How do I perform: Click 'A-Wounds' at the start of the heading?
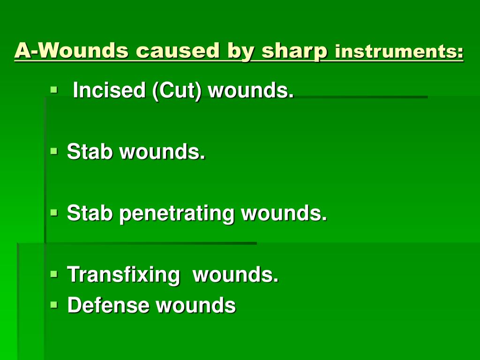click(71, 50)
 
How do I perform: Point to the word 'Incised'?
click(109, 90)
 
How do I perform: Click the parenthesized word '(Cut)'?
click(177, 90)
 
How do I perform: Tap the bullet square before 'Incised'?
click(54, 90)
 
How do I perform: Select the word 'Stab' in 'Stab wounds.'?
click(90, 151)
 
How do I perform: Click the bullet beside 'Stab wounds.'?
click(54, 151)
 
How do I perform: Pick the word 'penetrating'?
click(177, 213)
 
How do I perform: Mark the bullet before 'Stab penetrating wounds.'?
click(54, 212)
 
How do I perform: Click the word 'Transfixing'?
click(123, 275)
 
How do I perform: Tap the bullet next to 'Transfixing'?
click(54, 274)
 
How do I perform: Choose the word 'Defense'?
click(108, 305)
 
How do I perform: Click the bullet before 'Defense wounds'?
click(54, 305)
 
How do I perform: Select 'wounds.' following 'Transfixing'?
click(235, 274)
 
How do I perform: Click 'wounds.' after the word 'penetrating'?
click(284, 213)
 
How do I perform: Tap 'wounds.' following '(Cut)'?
click(251, 90)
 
